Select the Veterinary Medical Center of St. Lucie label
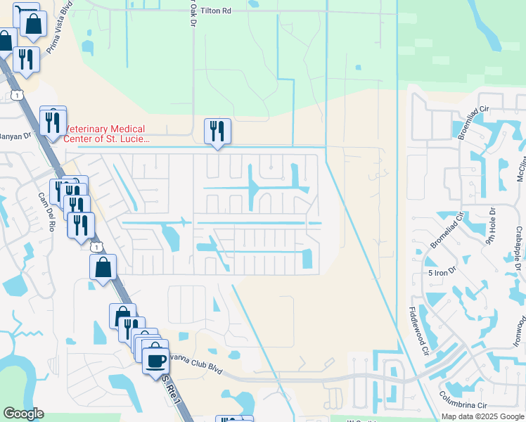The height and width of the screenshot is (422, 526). click(x=105, y=134)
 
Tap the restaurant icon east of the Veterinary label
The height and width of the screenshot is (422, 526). click(x=217, y=130)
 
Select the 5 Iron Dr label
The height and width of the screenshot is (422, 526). click(x=443, y=271)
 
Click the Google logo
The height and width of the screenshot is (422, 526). click(x=24, y=414)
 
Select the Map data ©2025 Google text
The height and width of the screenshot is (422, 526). click(x=482, y=416)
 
